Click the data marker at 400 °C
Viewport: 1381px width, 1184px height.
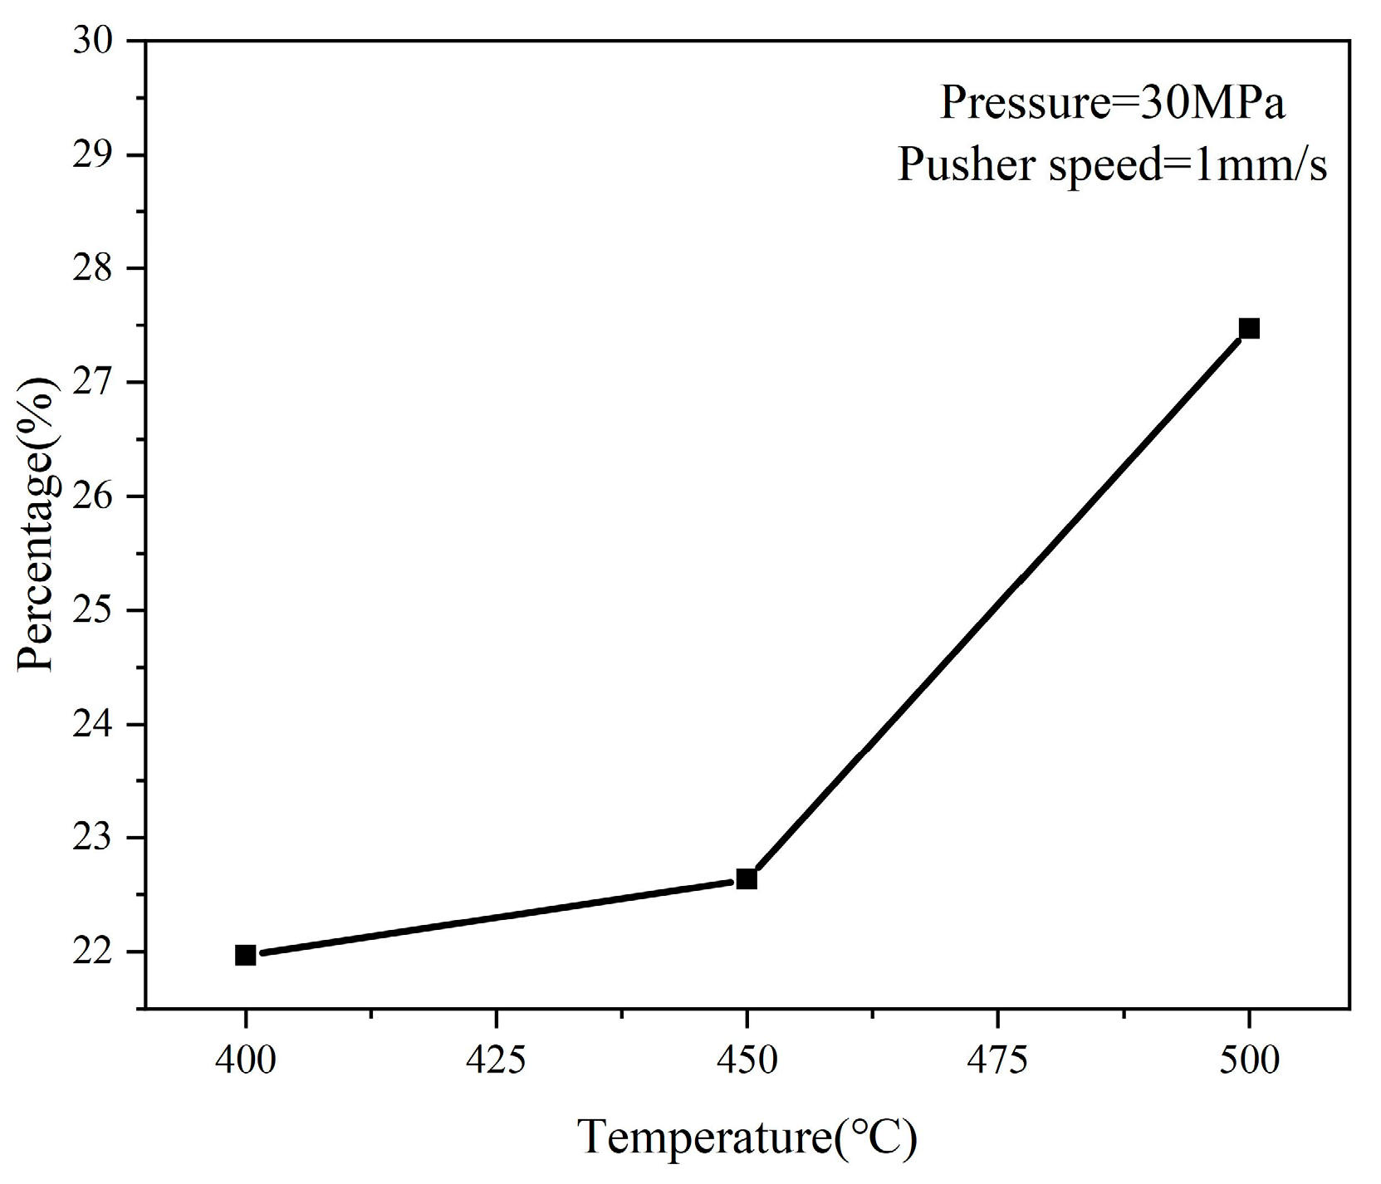(x=246, y=955)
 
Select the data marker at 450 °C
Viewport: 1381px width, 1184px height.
(x=747, y=878)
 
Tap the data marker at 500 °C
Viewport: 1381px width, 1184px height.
(x=1248, y=329)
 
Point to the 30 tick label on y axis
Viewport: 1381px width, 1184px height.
(x=97, y=42)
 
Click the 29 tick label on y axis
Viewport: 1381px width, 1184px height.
(x=97, y=155)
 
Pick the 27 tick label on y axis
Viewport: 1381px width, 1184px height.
(x=97, y=383)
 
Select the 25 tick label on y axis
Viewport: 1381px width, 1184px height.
(x=97, y=610)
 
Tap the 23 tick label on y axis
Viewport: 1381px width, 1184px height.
(x=97, y=838)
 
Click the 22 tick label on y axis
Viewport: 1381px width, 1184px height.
(x=97, y=952)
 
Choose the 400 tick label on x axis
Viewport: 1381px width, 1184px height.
(x=246, y=1061)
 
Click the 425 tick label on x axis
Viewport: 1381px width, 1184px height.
(x=496, y=1061)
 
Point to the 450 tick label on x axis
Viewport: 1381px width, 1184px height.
(x=747, y=1061)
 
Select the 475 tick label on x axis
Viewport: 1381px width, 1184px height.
(x=997, y=1061)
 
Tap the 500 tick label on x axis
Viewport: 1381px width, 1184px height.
(x=1248, y=1061)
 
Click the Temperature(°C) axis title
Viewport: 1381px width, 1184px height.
(x=747, y=1138)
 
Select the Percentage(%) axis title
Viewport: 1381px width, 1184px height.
(x=38, y=525)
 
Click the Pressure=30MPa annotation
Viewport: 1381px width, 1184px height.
(x=1112, y=105)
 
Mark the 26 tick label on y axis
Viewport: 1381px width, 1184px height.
(x=97, y=497)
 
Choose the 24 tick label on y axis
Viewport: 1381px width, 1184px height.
(x=97, y=724)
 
